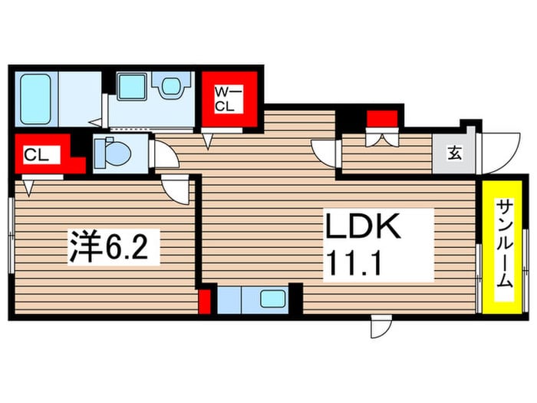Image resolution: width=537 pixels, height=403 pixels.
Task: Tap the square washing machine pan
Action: (133, 85)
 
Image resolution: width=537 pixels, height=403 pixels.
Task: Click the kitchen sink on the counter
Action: (271, 299)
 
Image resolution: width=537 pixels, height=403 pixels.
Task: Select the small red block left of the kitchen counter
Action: (206, 301)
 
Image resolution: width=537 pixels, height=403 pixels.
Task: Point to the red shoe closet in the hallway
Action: (381, 119)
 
